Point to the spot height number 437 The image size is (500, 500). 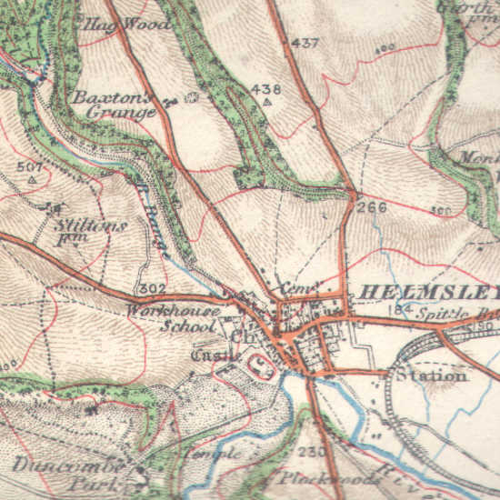pos(306,44)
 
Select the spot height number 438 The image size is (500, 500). pos(266,89)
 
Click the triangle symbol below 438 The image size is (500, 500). pos(266,103)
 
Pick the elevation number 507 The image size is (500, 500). pos(30,166)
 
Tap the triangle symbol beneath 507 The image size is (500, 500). pos(32,180)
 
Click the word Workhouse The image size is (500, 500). pos(173,311)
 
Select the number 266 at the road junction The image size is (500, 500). pos(372,207)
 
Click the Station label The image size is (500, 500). pos(431,375)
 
